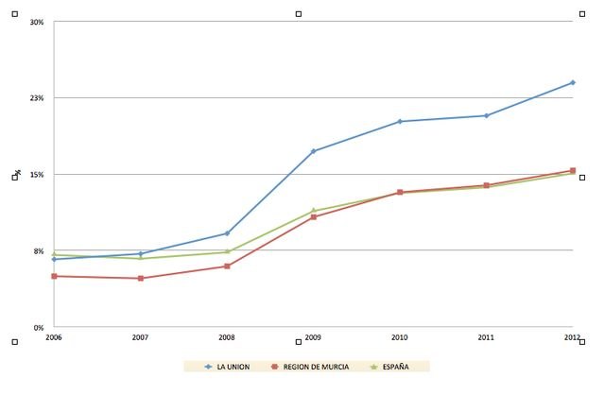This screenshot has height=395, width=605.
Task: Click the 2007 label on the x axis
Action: pyautogui.click(x=140, y=337)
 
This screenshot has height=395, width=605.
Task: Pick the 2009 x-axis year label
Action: pyautogui.click(x=313, y=337)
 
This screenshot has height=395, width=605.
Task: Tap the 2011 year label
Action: pyautogui.click(x=486, y=337)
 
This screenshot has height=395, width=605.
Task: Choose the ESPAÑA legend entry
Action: pyautogui.click(x=389, y=367)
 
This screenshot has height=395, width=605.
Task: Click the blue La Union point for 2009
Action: pyautogui.click(x=313, y=151)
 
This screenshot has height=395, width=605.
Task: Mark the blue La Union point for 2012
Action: pyautogui.click(x=572, y=82)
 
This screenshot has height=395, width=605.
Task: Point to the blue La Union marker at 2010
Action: pyautogui.click(x=400, y=121)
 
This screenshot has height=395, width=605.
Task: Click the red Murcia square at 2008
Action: pyautogui.click(x=227, y=266)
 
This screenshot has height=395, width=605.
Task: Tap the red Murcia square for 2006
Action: pyautogui.click(x=54, y=276)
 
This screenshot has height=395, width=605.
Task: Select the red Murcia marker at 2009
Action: pyautogui.click(x=313, y=217)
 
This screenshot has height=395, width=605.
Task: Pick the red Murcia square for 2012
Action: pyautogui.click(x=572, y=171)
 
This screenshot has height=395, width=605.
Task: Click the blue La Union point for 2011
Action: pyautogui.click(x=486, y=115)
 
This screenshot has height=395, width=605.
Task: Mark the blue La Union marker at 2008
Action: pyautogui.click(x=227, y=233)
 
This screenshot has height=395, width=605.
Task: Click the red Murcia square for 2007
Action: pyautogui.click(x=140, y=278)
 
